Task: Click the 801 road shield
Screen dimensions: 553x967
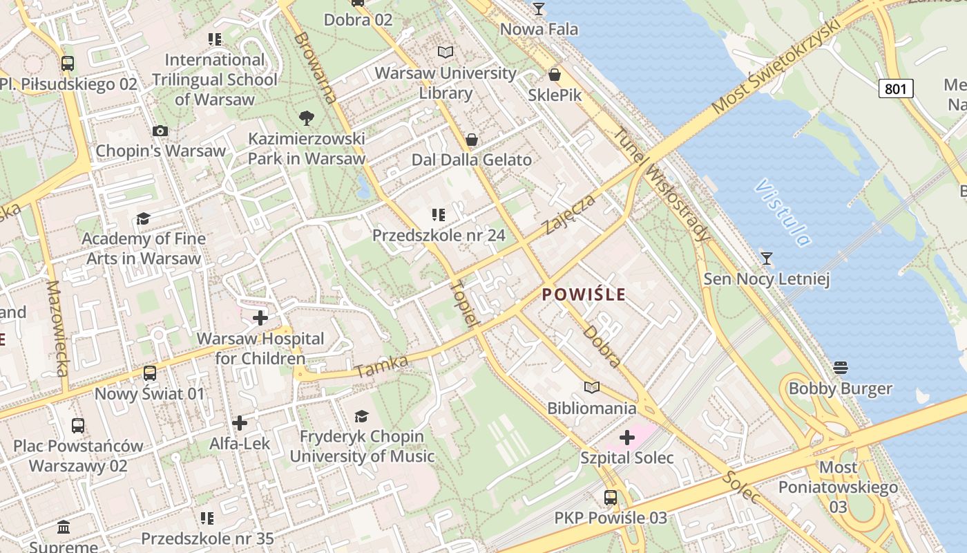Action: pyautogui.click(x=896, y=88)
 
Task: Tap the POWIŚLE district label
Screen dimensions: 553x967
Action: pyautogui.click(x=584, y=294)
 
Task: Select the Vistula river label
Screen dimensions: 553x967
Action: pyautogui.click(x=783, y=213)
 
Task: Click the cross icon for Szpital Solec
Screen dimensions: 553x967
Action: pyautogui.click(x=627, y=438)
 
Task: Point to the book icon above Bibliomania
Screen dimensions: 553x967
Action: pyautogui.click(x=592, y=387)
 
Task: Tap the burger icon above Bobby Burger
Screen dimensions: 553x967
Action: pyautogui.click(x=840, y=367)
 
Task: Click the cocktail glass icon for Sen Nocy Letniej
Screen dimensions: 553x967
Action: pyautogui.click(x=766, y=259)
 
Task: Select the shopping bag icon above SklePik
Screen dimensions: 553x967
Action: pyautogui.click(x=555, y=75)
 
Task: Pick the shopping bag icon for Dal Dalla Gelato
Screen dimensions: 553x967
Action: pyautogui.click(x=472, y=140)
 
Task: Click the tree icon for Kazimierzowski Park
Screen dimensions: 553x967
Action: pyautogui.click(x=307, y=118)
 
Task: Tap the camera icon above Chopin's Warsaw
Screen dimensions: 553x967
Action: pyautogui.click(x=160, y=131)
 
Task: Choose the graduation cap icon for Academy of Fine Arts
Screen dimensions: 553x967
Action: pyautogui.click(x=143, y=218)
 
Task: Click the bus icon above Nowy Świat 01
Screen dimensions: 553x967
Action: pyautogui.click(x=149, y=374)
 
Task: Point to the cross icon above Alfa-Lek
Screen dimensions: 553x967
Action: pyautogui.click(x=240, y=422)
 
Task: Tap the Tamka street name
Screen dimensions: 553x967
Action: pyautogui.click(x=381, y=366)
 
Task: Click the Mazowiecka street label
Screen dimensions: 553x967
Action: pyautogui.click(x=57, y=328)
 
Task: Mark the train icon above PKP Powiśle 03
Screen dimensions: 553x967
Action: pyautogui.click(x=611, y=497)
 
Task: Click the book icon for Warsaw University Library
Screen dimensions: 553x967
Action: pyautogui.click(x=446, y=52)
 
